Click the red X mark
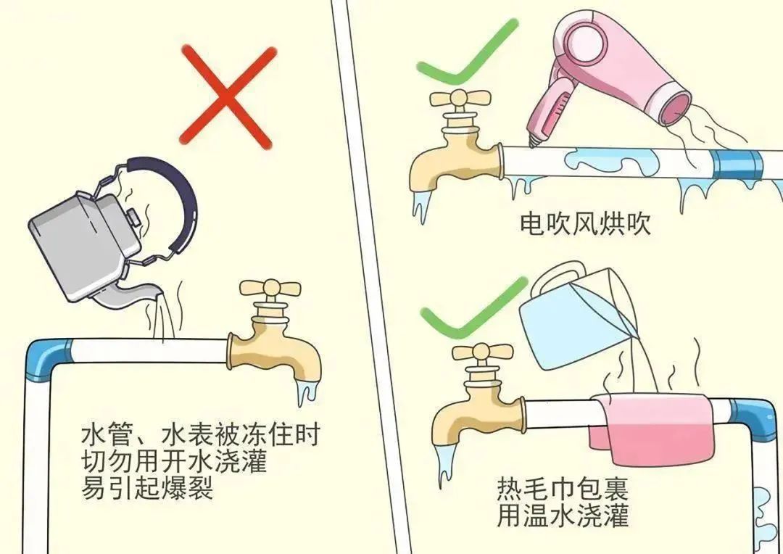click(227, 97)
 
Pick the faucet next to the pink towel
click(479, 400)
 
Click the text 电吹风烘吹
click(585, 223)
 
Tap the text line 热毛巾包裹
click(563, 489)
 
